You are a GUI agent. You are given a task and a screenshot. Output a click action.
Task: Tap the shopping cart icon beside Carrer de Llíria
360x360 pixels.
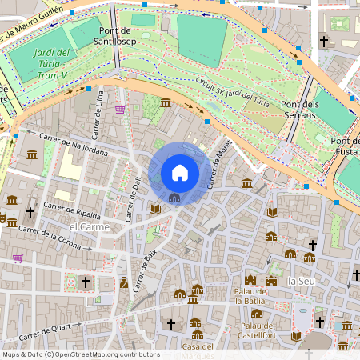point(120,110)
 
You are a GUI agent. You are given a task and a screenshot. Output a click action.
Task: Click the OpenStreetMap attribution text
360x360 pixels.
point(80,354)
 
